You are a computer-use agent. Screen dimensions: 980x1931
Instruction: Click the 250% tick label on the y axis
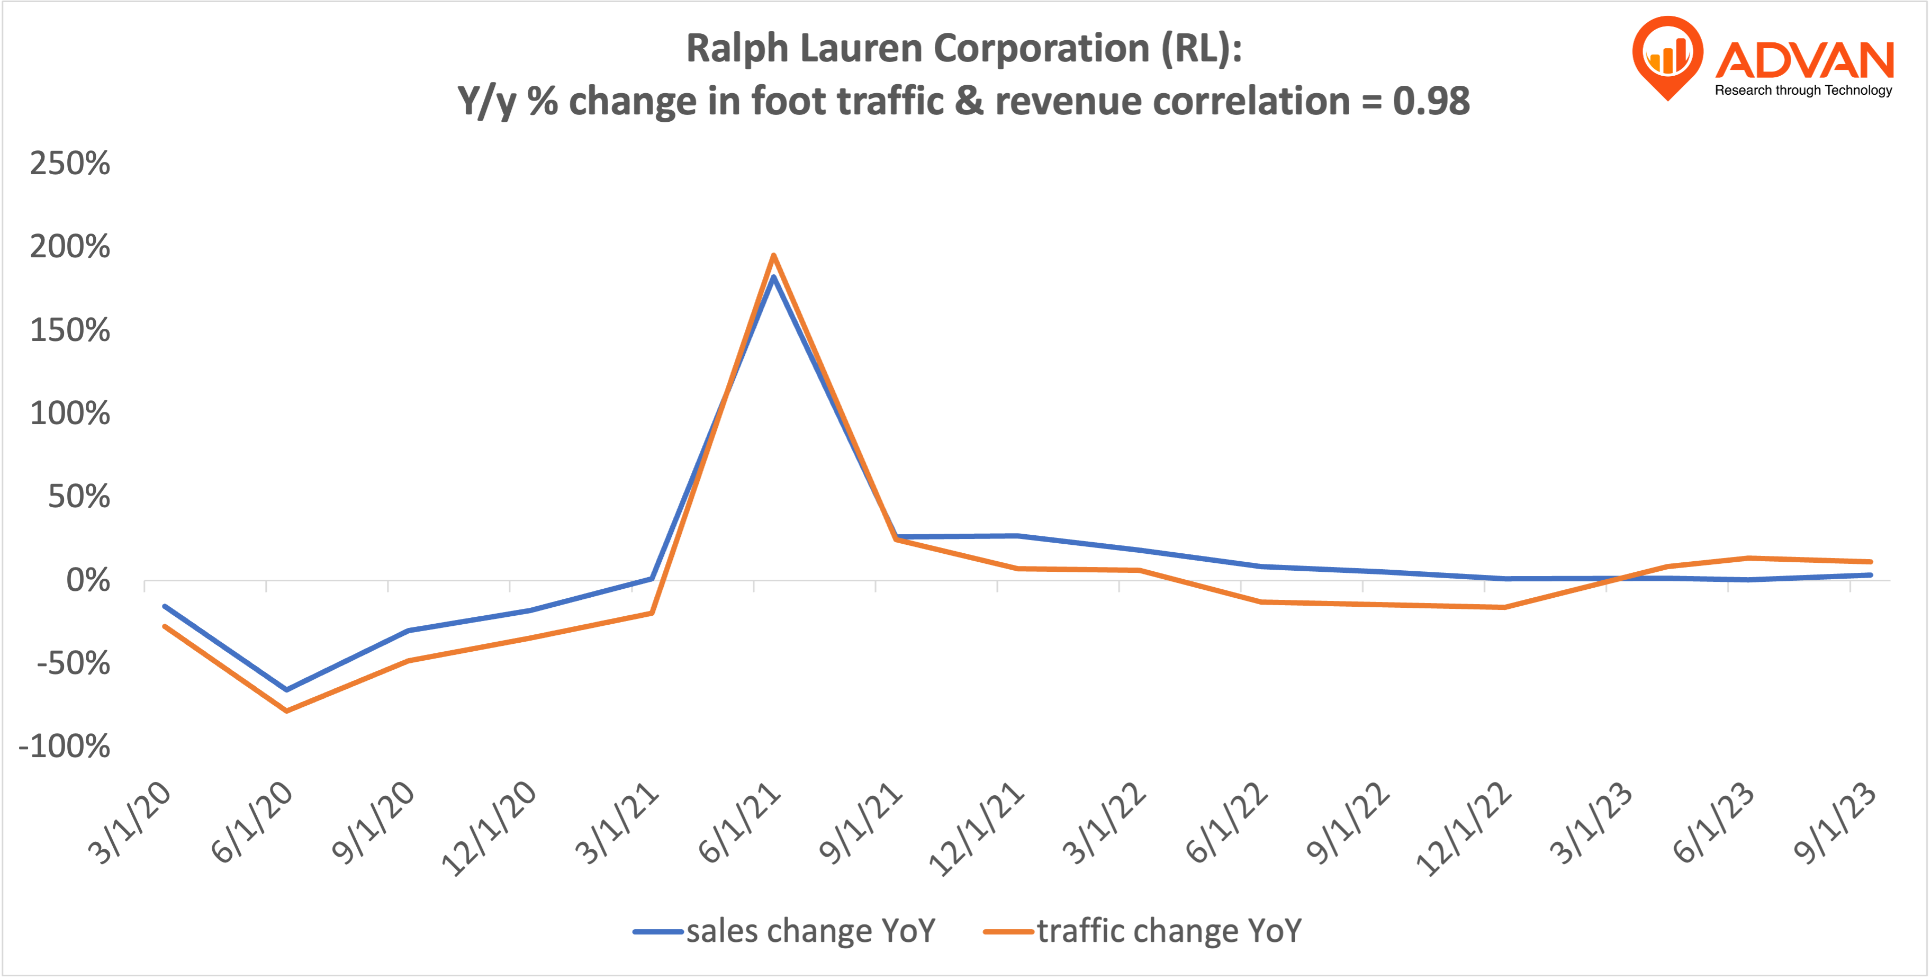pyautogui.click(x=70, y=164)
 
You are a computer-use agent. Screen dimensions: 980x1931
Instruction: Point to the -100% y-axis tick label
pyautogui.click(x=65, y=747)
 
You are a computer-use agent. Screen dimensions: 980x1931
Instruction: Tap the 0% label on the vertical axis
pyautogui.click(x=88, y=580)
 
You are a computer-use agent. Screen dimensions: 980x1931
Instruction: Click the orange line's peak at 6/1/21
pyautogui.click(x=773, y=256)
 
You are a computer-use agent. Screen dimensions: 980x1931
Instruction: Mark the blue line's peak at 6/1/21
pyautogui.click(x=773, y=278)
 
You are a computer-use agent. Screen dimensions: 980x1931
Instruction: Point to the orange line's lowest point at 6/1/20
pyautogui.click(x=286, y=710)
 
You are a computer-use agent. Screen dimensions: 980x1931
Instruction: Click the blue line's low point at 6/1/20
pyautogui.click(x=286, y=689)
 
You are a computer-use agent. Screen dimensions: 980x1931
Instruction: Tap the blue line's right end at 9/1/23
pyautogui.click(x=1870, y=575)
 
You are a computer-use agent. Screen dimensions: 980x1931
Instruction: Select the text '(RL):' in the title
pyautogui.click(x=1202, y=49)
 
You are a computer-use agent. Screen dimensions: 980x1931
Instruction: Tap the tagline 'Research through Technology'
pyautogui.click(x=1803, y=91)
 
